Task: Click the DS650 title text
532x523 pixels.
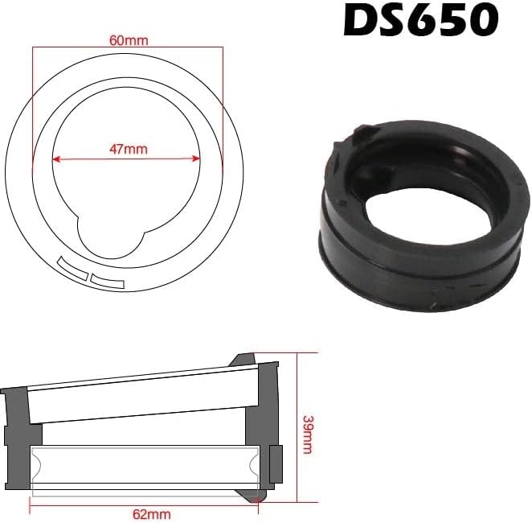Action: pyautogui.click(x=420, y=22)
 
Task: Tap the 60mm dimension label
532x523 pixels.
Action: pyautogui.click(x=126, y=39)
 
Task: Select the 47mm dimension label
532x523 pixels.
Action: pyautogui.click(x=126, y=149)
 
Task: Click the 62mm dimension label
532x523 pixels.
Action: pyautogui.click(x=147, y=511)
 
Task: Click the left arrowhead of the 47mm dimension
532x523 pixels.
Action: pyautogui.click(x=59, y=159)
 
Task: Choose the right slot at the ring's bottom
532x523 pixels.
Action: pyautogui.click(x=108, y=280)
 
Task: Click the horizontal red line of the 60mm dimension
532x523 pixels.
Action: pyautogui.click(x=126, y=47)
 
